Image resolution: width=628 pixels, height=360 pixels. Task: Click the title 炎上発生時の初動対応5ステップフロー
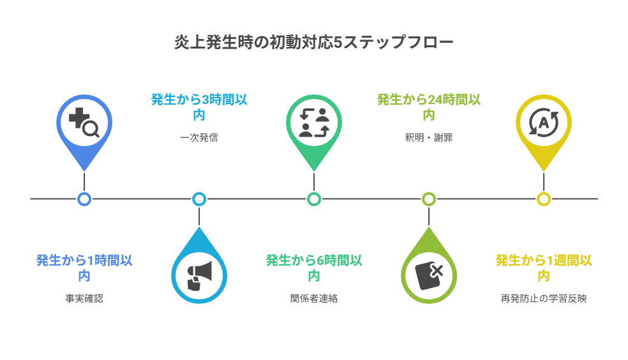pyautogui.click(x=314, y=43)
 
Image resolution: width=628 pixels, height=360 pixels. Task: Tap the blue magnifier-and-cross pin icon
pyautogui.click(x=84, y=123)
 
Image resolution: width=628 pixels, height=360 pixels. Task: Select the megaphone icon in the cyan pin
pyautogui.click(x=199, y=275)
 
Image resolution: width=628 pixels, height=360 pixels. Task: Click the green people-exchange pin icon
pyautogui.click(x=314, y=123)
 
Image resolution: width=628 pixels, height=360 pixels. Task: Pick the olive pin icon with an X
pyautogui.click(x=429, y=275)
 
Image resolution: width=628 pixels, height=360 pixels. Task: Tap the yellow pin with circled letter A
pyautogui.click(x=544, y=123)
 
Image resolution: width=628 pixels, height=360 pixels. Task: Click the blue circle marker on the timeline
pyautogui.click(x=84, y=199)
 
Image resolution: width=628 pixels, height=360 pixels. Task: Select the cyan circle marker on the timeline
pyautogui.click(x=199, y=199)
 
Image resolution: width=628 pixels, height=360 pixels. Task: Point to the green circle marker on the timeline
pyautogui.click(x=314, y=199)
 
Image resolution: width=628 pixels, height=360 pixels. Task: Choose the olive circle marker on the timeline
pyautogui.click(x=429, y=199)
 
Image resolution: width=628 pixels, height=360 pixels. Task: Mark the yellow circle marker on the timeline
pyautogui.click(x=544, y=199)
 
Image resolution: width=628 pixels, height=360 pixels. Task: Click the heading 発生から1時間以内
pyautogui.click(x=84, y=267)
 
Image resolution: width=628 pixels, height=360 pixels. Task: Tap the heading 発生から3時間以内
pyautogui.click(x=199, y=107)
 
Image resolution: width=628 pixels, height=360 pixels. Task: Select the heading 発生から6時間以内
pyautogui.click(x=314, y=267)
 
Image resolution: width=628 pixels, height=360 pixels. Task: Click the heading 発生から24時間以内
pyautogui.click(x=429, y=107)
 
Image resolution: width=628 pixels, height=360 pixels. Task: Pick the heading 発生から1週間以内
pyautogui.click(x=544, y=267)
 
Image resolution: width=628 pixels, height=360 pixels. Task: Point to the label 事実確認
pyautogui.click(x=84, y=298)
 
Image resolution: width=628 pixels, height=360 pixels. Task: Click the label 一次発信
pyautogui.click(x=199, y=137)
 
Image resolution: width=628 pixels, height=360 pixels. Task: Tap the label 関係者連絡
pyautogui.click(x=314, y=298)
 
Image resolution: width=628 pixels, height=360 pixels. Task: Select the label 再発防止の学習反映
pyautogui.click(x=544, y=298)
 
